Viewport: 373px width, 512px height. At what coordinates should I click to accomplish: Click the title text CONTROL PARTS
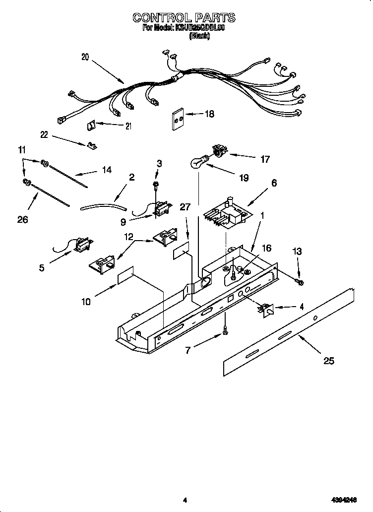tap(184, 18)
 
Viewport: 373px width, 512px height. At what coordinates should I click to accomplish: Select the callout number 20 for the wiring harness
tap(85, 57)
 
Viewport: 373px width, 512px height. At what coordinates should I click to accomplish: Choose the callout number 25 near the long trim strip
tap(328, 361)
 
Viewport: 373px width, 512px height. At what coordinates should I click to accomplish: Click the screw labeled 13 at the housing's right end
tap(300, 282)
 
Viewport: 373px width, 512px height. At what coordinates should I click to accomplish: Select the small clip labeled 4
tap(266, 310)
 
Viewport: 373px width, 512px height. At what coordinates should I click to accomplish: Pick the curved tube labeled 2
tap(103, 205)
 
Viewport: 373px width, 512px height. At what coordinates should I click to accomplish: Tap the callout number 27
tap(185, 207)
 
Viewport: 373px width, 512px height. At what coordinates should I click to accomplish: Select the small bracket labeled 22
tap(90, 145)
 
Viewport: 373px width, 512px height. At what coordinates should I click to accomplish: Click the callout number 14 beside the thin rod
tap(106, 170)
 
